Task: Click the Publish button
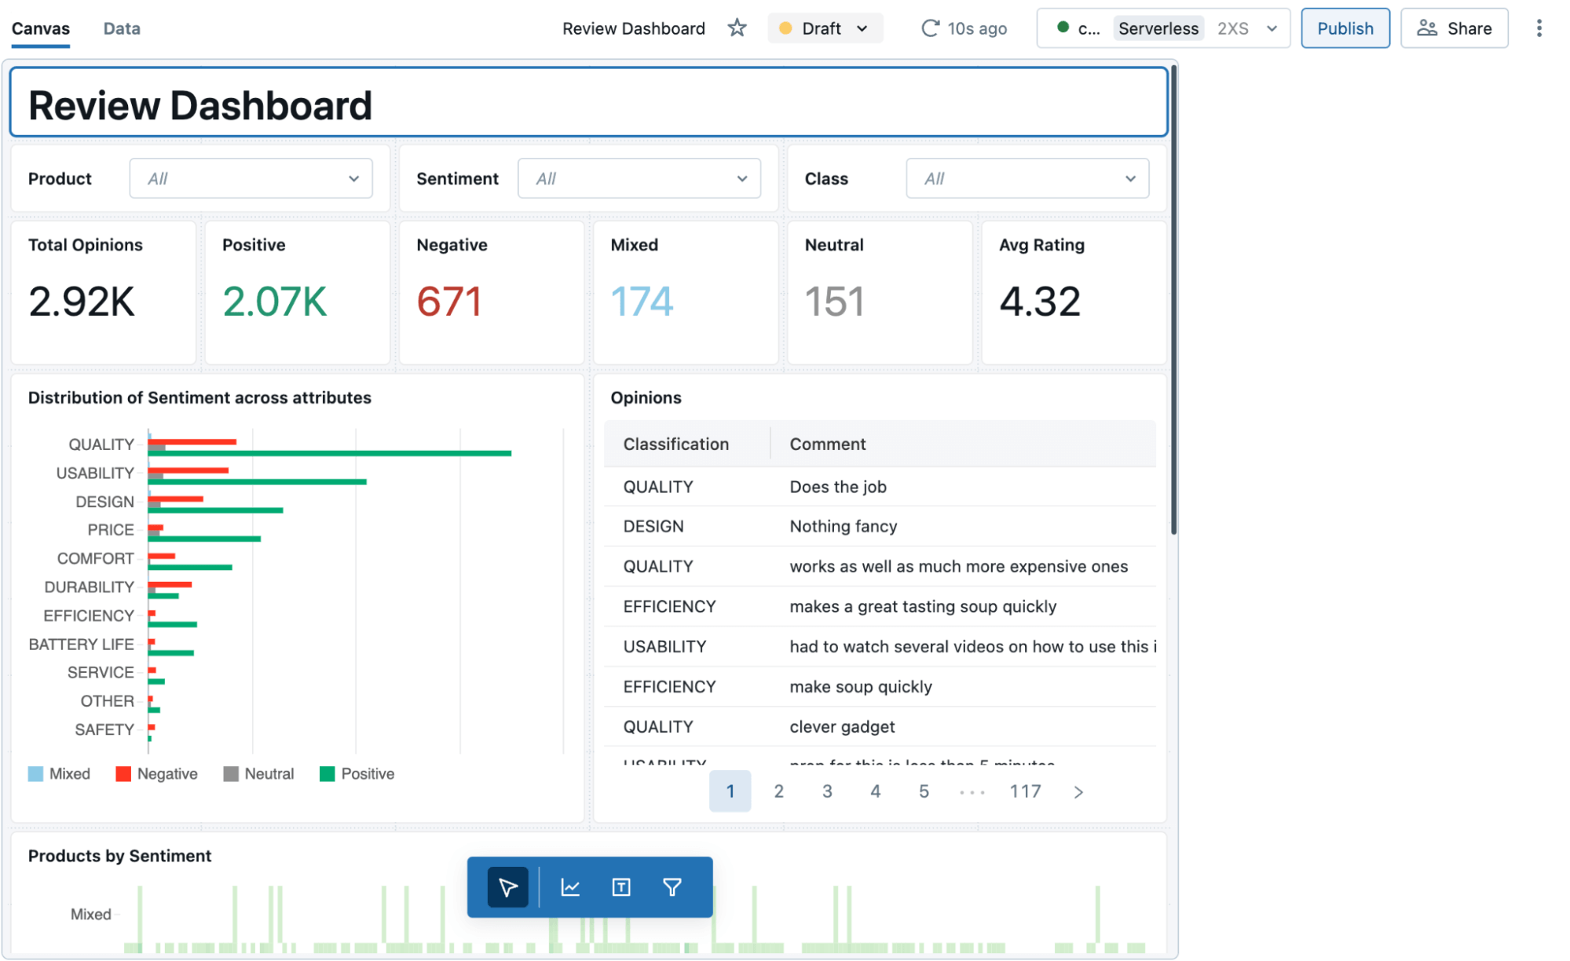(x=1344, y=28)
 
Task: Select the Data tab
(x=122, y=28)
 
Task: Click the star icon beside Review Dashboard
(x=736, y=28)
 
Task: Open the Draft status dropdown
(x=824, y=28)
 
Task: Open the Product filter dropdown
(x=251, y=178)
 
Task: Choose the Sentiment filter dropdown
(x=639, y=178)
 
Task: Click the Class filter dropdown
(x=1027, y=178)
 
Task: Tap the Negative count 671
(x=448, y=301)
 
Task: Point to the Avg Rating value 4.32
(x=1039, y=301)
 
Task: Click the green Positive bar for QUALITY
(x=330, y=453)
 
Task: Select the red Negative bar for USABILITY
(x=188, y=470)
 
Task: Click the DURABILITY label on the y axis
(x=89, y=586)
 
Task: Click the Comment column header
(x=827, y=444)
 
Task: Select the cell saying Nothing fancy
(x=843, y=526)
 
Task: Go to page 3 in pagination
(x=826, y=791)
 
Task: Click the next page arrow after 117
(x=1078, y=791)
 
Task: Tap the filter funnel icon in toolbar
(x=672, y=887)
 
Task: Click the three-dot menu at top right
(x=1538, y=28)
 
